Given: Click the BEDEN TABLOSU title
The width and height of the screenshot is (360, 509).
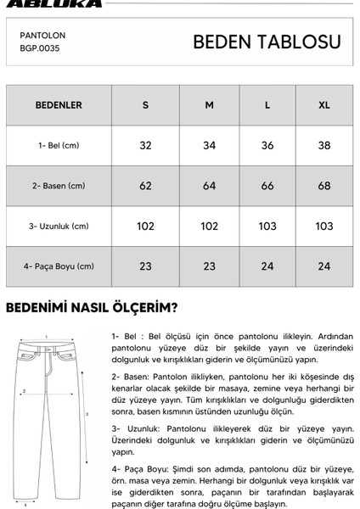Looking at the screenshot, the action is pos(267,42).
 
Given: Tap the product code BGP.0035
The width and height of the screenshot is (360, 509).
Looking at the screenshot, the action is pos(40,48).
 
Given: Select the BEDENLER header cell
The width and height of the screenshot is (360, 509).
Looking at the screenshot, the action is pos(58,105).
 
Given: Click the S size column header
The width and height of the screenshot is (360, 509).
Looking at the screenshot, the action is pos(145,105).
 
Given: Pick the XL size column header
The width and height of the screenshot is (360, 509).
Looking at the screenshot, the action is pos(323,105).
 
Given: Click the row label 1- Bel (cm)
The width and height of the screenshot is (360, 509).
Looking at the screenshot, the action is pos(59,145).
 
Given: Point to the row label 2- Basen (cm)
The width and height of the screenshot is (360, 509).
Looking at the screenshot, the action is pos(59,186).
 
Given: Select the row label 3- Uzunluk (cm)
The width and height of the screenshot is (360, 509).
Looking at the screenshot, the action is pos(59,227).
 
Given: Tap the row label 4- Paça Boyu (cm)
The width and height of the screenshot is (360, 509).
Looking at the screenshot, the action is pos(59,266).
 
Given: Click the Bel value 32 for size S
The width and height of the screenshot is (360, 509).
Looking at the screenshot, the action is pos(145,145).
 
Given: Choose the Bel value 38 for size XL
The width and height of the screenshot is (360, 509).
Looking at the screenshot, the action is pos(323,145).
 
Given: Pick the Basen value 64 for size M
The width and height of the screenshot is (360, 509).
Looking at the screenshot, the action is pos(209,186).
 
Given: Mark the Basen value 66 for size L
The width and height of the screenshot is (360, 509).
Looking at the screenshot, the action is pos(267,186).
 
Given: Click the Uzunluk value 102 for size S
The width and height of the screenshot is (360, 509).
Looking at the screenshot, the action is pos(145,227).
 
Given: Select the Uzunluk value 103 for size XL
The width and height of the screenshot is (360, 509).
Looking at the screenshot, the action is pos(323,227).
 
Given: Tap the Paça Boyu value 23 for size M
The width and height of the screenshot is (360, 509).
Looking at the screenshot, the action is pos(209,266).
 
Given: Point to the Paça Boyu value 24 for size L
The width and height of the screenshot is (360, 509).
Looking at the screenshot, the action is pos(267,266).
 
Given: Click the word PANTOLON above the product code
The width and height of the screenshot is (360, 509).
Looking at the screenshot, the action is pos(42,36).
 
